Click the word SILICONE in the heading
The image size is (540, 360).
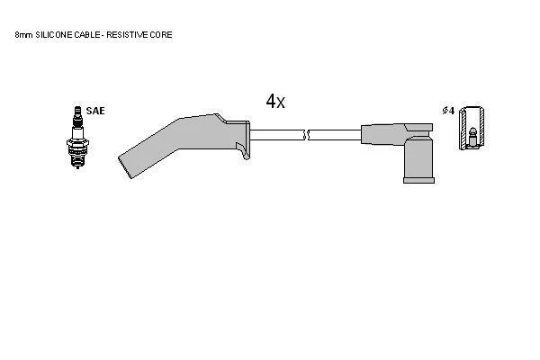click(54, 35)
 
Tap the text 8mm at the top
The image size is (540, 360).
click(23, 35)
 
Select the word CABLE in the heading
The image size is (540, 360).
click(87, 35)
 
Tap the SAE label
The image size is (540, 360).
click(95, 111)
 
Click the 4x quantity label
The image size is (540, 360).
click(275, 102)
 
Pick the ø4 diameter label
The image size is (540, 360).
click(448, 111)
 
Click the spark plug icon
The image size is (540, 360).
click(77, 137)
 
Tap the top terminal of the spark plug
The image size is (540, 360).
click(77, 110)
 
